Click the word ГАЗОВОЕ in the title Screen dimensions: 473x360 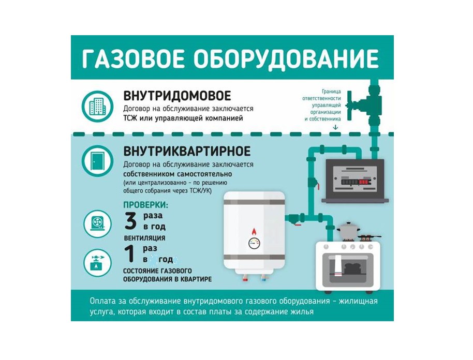[132, 58]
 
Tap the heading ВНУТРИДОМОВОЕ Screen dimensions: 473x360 [177, 96]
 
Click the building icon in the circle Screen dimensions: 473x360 [97, 106]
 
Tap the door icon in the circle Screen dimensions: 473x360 [97, 161]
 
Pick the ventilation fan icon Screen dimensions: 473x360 [97, 224]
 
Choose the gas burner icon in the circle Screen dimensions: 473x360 [97, 263]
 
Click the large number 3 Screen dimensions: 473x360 [130, 221]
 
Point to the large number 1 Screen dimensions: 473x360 [130, 254]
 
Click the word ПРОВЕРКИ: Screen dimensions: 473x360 [146, 205]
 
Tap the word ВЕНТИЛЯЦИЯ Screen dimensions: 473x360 [144, 238]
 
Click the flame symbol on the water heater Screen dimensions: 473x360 [254, 232]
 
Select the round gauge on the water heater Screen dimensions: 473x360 [254, 243]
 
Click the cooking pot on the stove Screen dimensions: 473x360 [348, 232]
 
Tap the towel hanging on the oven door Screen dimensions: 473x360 [339, 265]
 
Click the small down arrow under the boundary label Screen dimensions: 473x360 [335, 127]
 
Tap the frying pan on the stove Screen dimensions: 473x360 [369, 237]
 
